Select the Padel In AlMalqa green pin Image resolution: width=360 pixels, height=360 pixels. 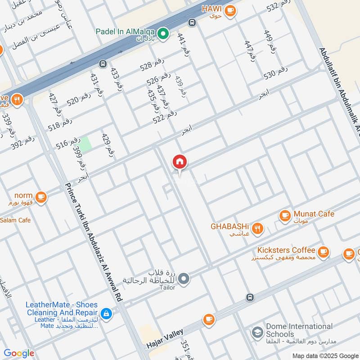pos(165,33)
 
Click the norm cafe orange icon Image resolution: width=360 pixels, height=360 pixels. pos(41,197)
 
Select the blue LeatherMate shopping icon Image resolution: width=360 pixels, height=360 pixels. pos(106,313)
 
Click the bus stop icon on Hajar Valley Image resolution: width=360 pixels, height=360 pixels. pos(250,297)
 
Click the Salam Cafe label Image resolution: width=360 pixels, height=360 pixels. pos(15,220)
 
